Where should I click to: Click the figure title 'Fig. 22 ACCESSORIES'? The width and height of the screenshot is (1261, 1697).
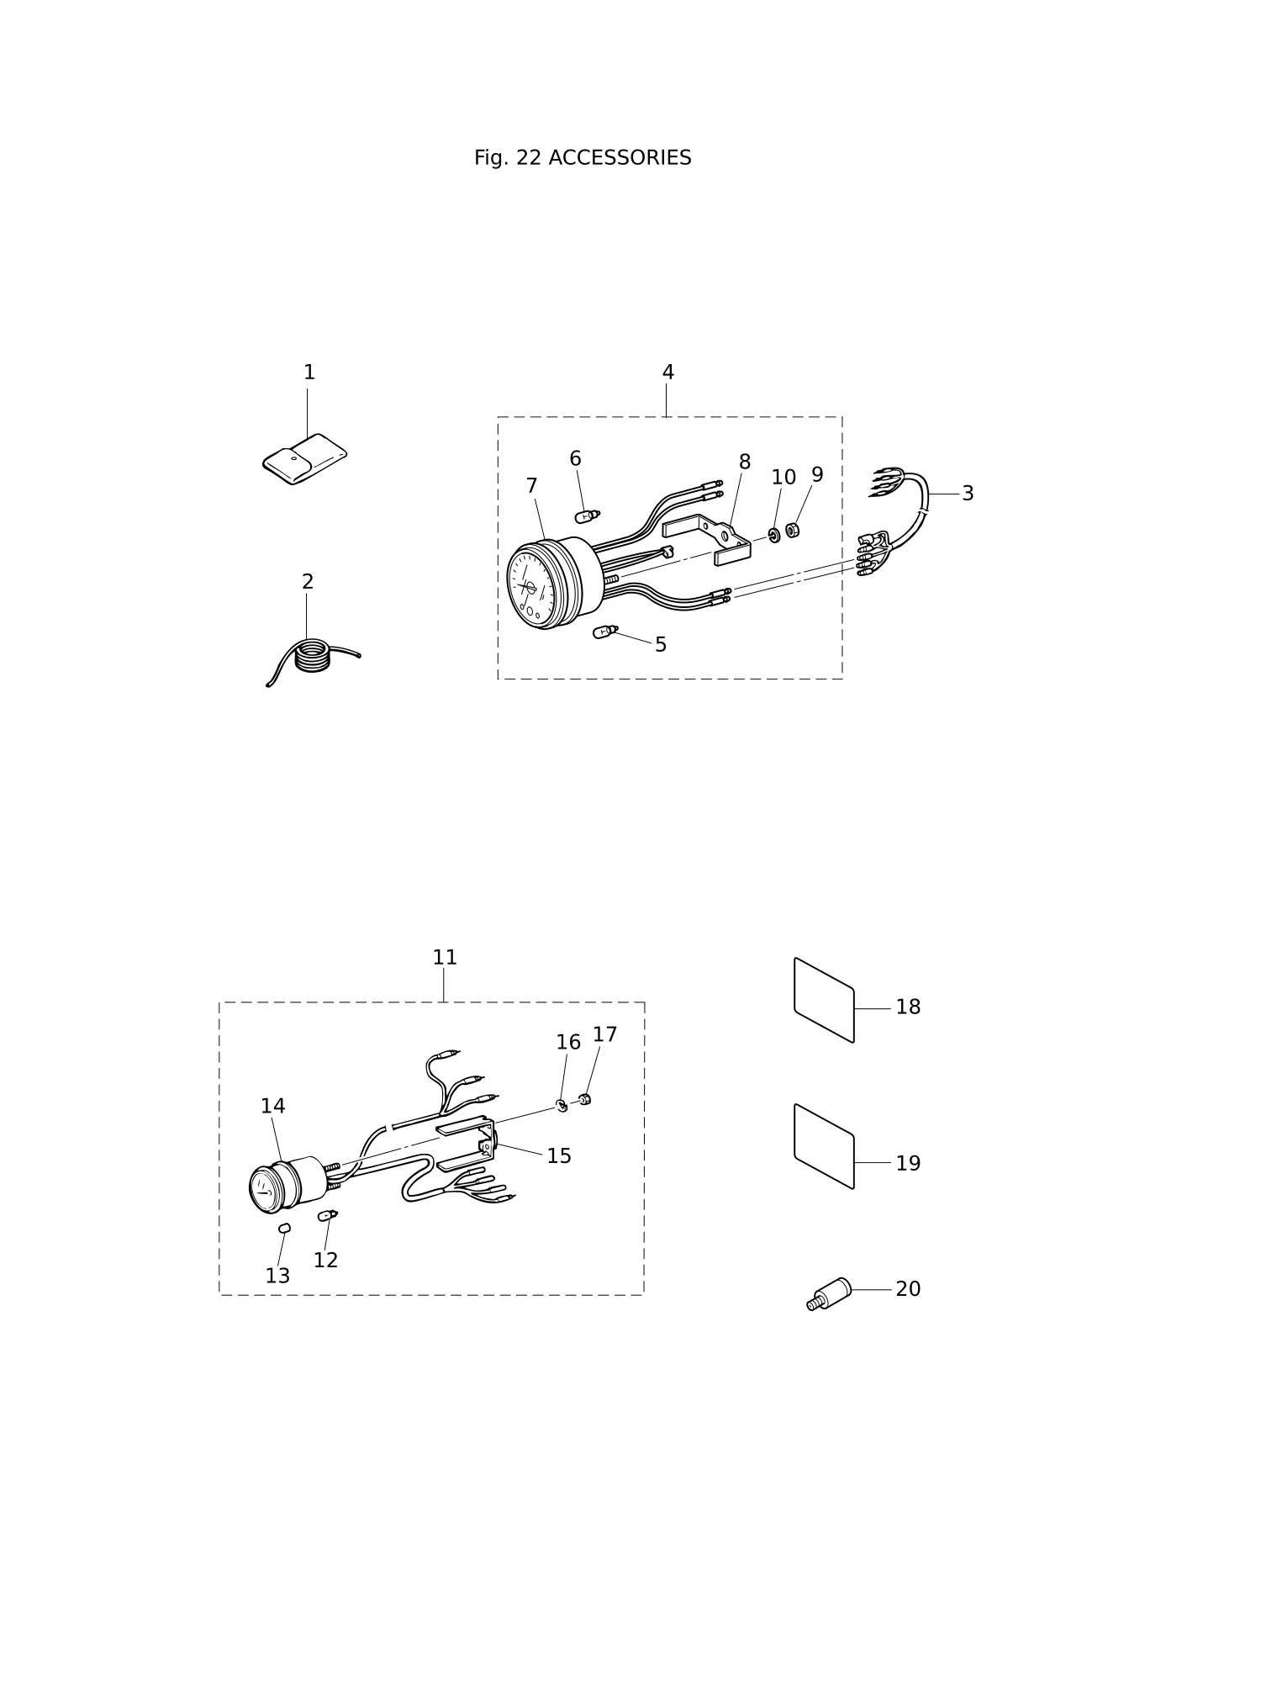(x=583, y=158)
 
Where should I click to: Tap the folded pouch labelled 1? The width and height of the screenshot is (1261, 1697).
(x=304, y=459)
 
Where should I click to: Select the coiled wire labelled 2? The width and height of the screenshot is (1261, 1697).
(x=313, y=658)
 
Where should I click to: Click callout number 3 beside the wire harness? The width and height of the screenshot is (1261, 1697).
(x=968, y=494)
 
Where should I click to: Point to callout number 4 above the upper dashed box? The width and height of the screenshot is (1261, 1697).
(x=668, y=373)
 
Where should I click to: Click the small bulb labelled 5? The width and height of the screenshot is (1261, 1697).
(x=605, y=631)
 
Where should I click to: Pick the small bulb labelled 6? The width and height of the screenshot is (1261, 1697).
(x=587, y=515)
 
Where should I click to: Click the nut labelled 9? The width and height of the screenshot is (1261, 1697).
(x=792, y=530)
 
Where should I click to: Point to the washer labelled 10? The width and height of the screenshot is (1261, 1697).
(x=774, y=535)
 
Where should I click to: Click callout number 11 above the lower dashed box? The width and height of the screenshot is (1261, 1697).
(x=445, y=958)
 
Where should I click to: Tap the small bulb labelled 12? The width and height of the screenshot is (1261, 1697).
(x=327, y=1215)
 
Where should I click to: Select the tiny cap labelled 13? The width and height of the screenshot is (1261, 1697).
(x=284, y=1228)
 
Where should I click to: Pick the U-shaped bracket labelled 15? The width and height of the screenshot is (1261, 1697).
(x=466, y=1145)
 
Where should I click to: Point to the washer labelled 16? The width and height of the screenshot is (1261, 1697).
(x=562, y=1105)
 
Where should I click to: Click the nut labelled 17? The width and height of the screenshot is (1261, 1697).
(x=585, y=1099)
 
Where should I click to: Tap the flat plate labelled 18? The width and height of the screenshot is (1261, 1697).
(x=824, y=1000)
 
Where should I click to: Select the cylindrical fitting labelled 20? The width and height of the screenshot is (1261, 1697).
(x=829, y=1293)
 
